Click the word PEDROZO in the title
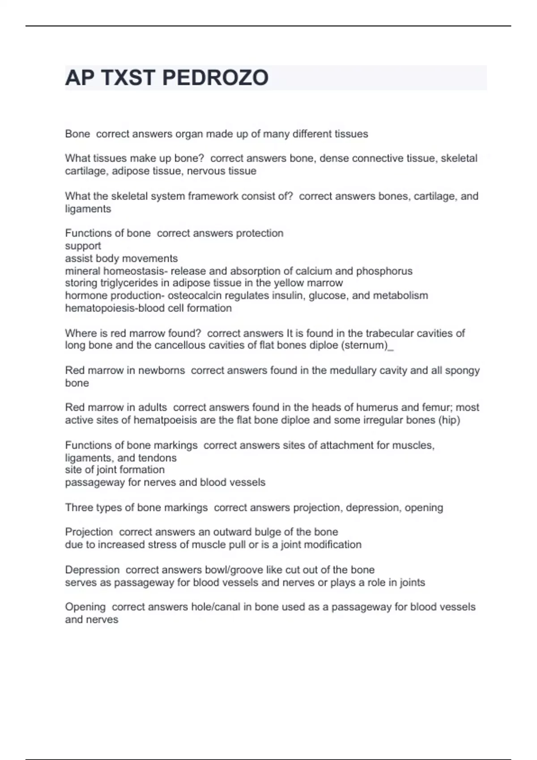(215, 78)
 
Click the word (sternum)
(365, 346)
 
